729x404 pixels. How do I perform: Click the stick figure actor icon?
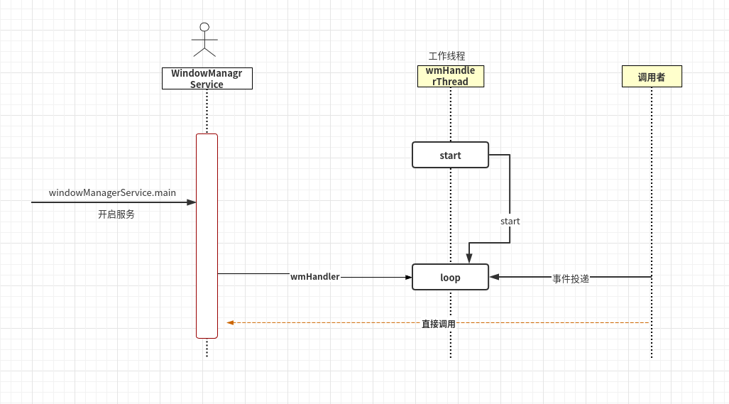click(x=204, y=41)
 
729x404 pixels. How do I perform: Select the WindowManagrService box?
click(x=207, y=78)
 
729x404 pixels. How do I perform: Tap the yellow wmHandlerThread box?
click(x=450, y=76)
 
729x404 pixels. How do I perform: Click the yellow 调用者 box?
click(x=651, y=77)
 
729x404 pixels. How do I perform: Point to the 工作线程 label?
click(x=446, y=56)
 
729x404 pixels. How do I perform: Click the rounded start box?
click(x=450, y=155)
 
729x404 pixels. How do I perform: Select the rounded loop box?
click(x=450, y=277)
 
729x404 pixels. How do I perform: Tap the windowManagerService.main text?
click(x=112, y=192)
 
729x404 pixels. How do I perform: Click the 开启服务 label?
click(x=116, y=214)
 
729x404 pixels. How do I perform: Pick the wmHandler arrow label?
click(x=314, y=277)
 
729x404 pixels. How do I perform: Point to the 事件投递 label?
click(x=571, y=279)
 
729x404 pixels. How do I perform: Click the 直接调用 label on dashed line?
click(x=438, y=324)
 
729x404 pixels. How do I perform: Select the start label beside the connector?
click(x=510, y=222)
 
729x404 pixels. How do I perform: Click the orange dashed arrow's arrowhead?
click(x=231, y=322)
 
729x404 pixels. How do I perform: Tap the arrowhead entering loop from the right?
click(x=495, y=277)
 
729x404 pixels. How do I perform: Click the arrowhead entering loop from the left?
click(x=407, y=277)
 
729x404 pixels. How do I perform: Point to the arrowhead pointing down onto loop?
click(x=468, y=258)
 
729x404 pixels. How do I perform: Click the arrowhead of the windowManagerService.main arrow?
click(x=191, y=202)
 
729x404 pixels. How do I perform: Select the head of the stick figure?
click(x=204, y=27)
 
